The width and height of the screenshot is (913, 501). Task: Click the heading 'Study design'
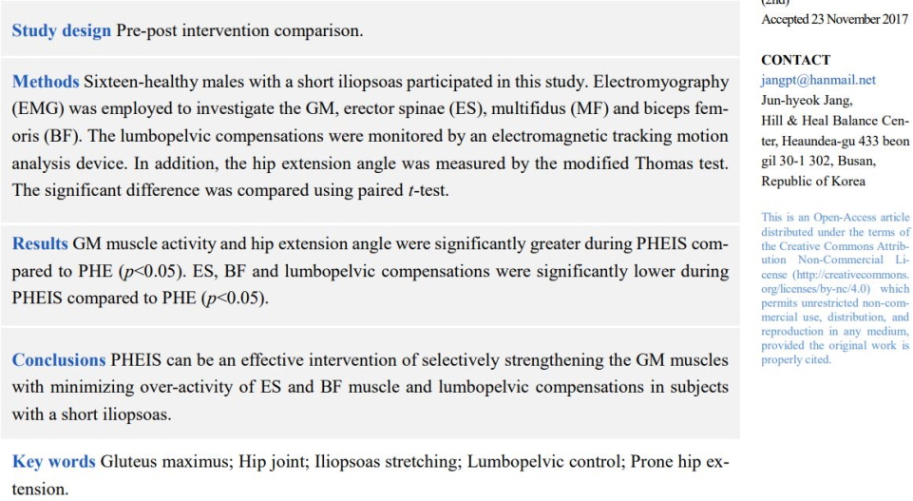[x=61, y=30]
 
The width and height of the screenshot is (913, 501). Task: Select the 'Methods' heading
[x=45, y=82]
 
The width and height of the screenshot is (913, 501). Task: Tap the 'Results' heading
[x=40, y=244]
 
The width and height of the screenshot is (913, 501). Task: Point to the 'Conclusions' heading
[x=58, y=360]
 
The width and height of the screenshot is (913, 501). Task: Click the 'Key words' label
[x=53, y=462]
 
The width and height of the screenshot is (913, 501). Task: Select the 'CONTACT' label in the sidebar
[x=795, y=60]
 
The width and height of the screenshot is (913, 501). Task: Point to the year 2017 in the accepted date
[x=892, y=19]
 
